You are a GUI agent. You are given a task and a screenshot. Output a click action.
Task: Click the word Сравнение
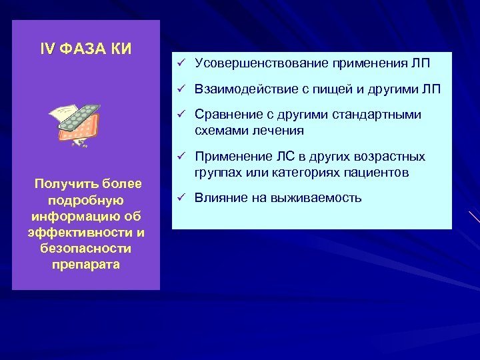pyautogui.click(x=223, y=115)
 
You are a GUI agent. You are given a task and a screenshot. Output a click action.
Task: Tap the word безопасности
pyautogui.click(x=85, y=248)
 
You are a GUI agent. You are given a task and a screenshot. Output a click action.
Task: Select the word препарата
pyautogui.click(x=85, y=264)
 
